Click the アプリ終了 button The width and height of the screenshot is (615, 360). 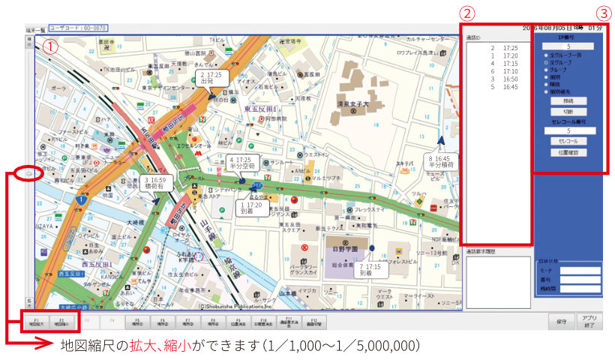(589, 321)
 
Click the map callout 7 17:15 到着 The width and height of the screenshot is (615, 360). (371, 269)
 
